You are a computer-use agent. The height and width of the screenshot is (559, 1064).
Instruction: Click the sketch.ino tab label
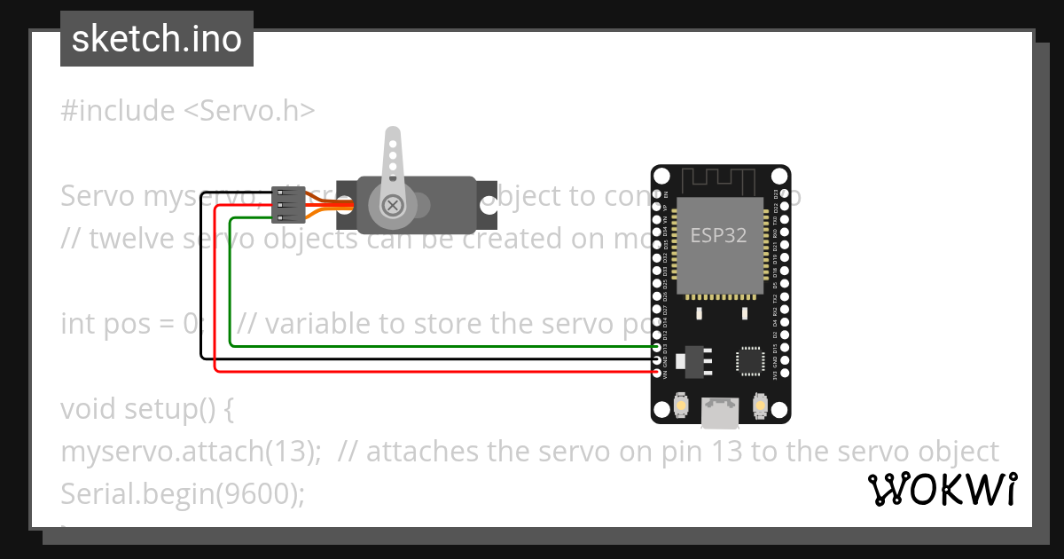tap(157, 39)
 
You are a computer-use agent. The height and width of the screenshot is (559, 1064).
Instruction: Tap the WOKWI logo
tap(943, 489)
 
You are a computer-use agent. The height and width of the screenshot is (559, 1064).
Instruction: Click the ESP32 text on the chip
tap(718, 236)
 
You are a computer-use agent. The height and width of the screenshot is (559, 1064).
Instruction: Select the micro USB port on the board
tap(720, 411)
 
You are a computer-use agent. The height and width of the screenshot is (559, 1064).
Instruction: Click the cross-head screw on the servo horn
tap(391, 205)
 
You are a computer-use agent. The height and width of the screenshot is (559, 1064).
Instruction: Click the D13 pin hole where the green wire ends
tap(657, 346)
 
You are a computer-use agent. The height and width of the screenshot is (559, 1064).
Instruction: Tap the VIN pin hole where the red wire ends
tap(657, 373)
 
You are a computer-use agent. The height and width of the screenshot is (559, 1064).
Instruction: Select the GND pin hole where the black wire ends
tap(657, 359)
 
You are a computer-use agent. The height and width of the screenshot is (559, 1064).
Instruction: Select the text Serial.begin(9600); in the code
tap(182, 494)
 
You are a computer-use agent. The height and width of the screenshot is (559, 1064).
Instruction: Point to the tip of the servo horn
tap(391, 136)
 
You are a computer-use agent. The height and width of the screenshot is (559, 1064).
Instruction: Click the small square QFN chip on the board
tap(750, 360)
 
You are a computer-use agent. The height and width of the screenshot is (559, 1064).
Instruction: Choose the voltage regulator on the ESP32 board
tap(687, 360)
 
